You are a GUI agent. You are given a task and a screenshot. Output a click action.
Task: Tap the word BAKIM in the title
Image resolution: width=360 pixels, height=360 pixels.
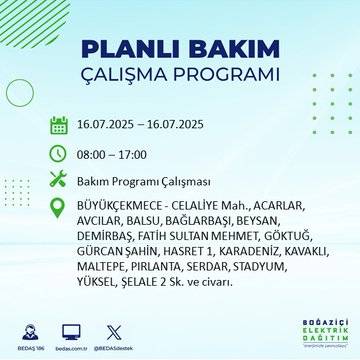tap(229, 50)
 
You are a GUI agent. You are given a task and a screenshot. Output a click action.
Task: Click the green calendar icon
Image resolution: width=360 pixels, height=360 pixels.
tap(59, 126)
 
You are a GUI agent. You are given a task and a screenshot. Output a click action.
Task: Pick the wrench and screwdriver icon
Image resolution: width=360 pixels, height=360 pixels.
tap(59, 181)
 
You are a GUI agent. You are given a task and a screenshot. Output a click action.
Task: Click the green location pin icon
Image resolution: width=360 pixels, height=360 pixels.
tap(59, 208)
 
